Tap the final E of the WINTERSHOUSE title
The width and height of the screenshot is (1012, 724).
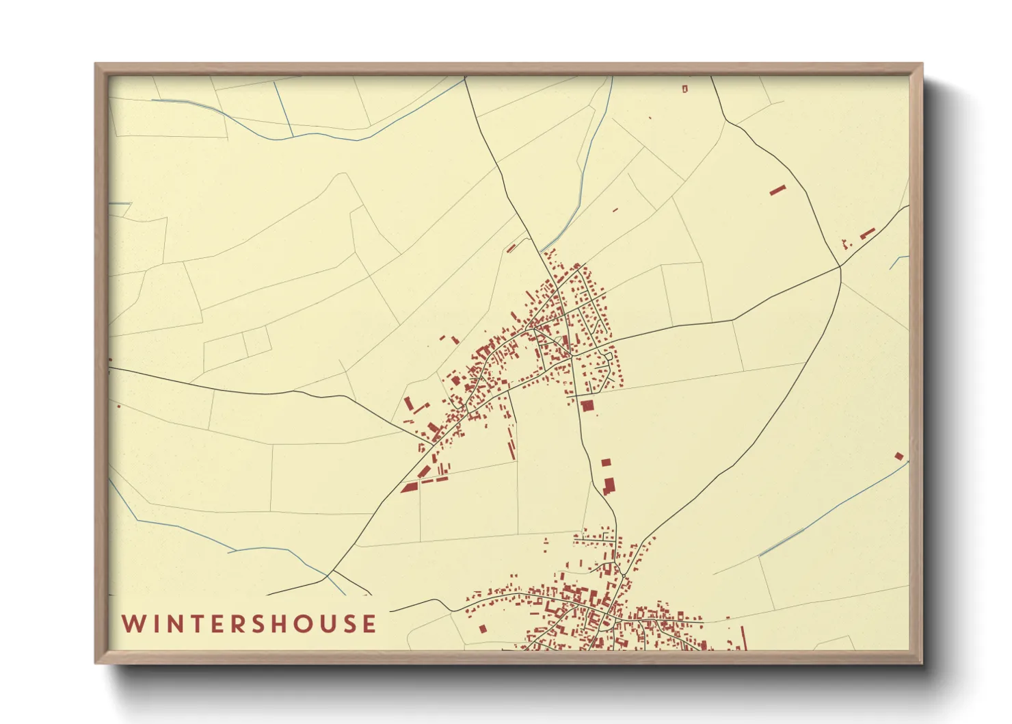(369, 624)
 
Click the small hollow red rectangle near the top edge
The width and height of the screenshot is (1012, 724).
(684, 88)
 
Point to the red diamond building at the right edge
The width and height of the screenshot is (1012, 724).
(899, 456)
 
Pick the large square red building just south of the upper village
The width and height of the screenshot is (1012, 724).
(587, 406)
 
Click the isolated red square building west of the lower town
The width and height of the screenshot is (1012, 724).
(483, 628)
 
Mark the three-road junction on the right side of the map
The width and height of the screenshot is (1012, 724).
(840, 267)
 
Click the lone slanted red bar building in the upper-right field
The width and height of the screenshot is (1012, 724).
(777, 190)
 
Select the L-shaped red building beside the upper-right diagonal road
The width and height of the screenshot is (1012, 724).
(867, 233)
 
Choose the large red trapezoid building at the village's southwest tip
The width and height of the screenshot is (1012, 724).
(409, 487)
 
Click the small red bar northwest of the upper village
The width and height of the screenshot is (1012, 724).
(511, 248)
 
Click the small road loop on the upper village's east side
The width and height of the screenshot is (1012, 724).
(608, 356)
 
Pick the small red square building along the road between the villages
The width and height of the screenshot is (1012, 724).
(605, 463)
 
